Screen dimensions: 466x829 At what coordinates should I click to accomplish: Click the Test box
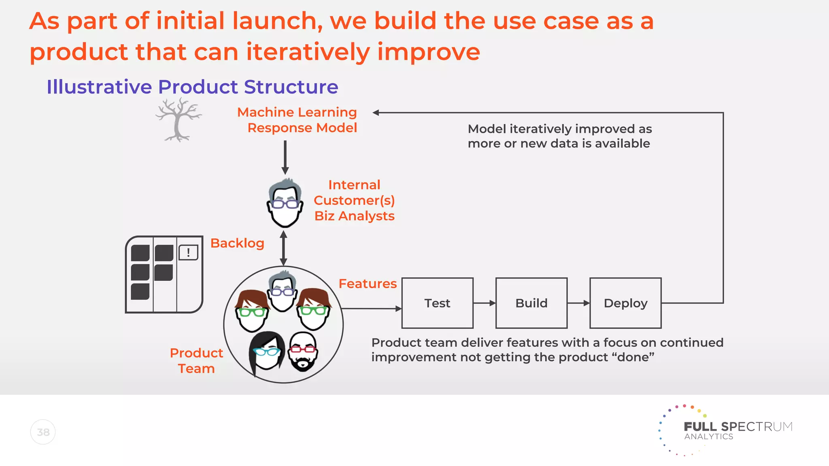point(437,303)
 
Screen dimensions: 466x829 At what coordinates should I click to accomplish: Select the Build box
point(531,303)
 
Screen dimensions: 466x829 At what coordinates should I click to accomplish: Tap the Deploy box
point(625,303)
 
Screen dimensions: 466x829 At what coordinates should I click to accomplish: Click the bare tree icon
point(178,120)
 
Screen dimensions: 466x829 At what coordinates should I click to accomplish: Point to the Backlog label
point(237,243)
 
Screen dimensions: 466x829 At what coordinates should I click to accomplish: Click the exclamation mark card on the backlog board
point(188,252)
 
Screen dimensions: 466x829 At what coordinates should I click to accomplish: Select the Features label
point(368,284)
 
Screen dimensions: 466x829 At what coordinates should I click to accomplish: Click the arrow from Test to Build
point(484,303)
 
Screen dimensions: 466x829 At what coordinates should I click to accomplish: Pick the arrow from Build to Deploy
point(578,303)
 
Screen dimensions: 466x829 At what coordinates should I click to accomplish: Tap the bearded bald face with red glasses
point(303,351)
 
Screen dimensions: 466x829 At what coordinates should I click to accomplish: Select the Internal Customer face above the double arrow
point(285,203)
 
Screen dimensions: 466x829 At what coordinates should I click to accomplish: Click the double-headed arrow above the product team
point(284,248)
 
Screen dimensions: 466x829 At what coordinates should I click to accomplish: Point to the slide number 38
point(43,432)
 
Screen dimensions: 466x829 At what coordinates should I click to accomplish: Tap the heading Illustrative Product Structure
point(192,87)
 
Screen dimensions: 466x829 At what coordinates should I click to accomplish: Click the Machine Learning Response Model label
point(298,120)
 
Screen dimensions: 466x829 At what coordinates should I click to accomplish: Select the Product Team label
point(196,360)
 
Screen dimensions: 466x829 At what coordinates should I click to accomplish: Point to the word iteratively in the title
point(308,52)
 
